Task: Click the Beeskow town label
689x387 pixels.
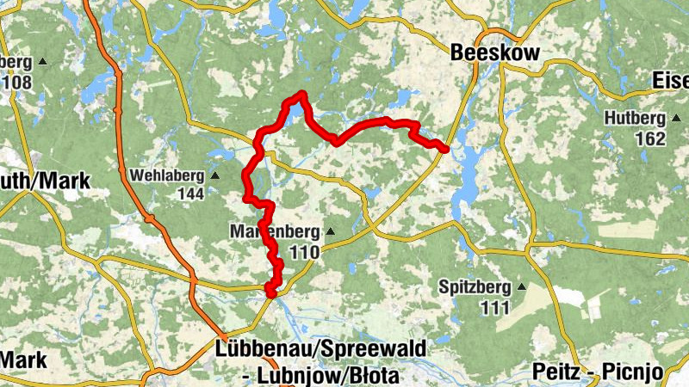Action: point(495,53)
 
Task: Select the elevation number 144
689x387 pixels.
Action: point(189,193)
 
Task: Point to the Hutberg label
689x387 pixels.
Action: point(635,118)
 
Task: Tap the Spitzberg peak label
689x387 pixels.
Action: point(475,286)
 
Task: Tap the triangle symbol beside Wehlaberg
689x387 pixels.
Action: point(215,175)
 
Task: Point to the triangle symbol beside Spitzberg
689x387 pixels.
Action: point(521,286)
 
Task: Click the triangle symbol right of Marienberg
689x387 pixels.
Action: point(328,231)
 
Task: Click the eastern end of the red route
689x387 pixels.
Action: point(445,150)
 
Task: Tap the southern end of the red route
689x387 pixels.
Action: point(270,293)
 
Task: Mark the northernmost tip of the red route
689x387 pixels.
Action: point(302,93)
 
